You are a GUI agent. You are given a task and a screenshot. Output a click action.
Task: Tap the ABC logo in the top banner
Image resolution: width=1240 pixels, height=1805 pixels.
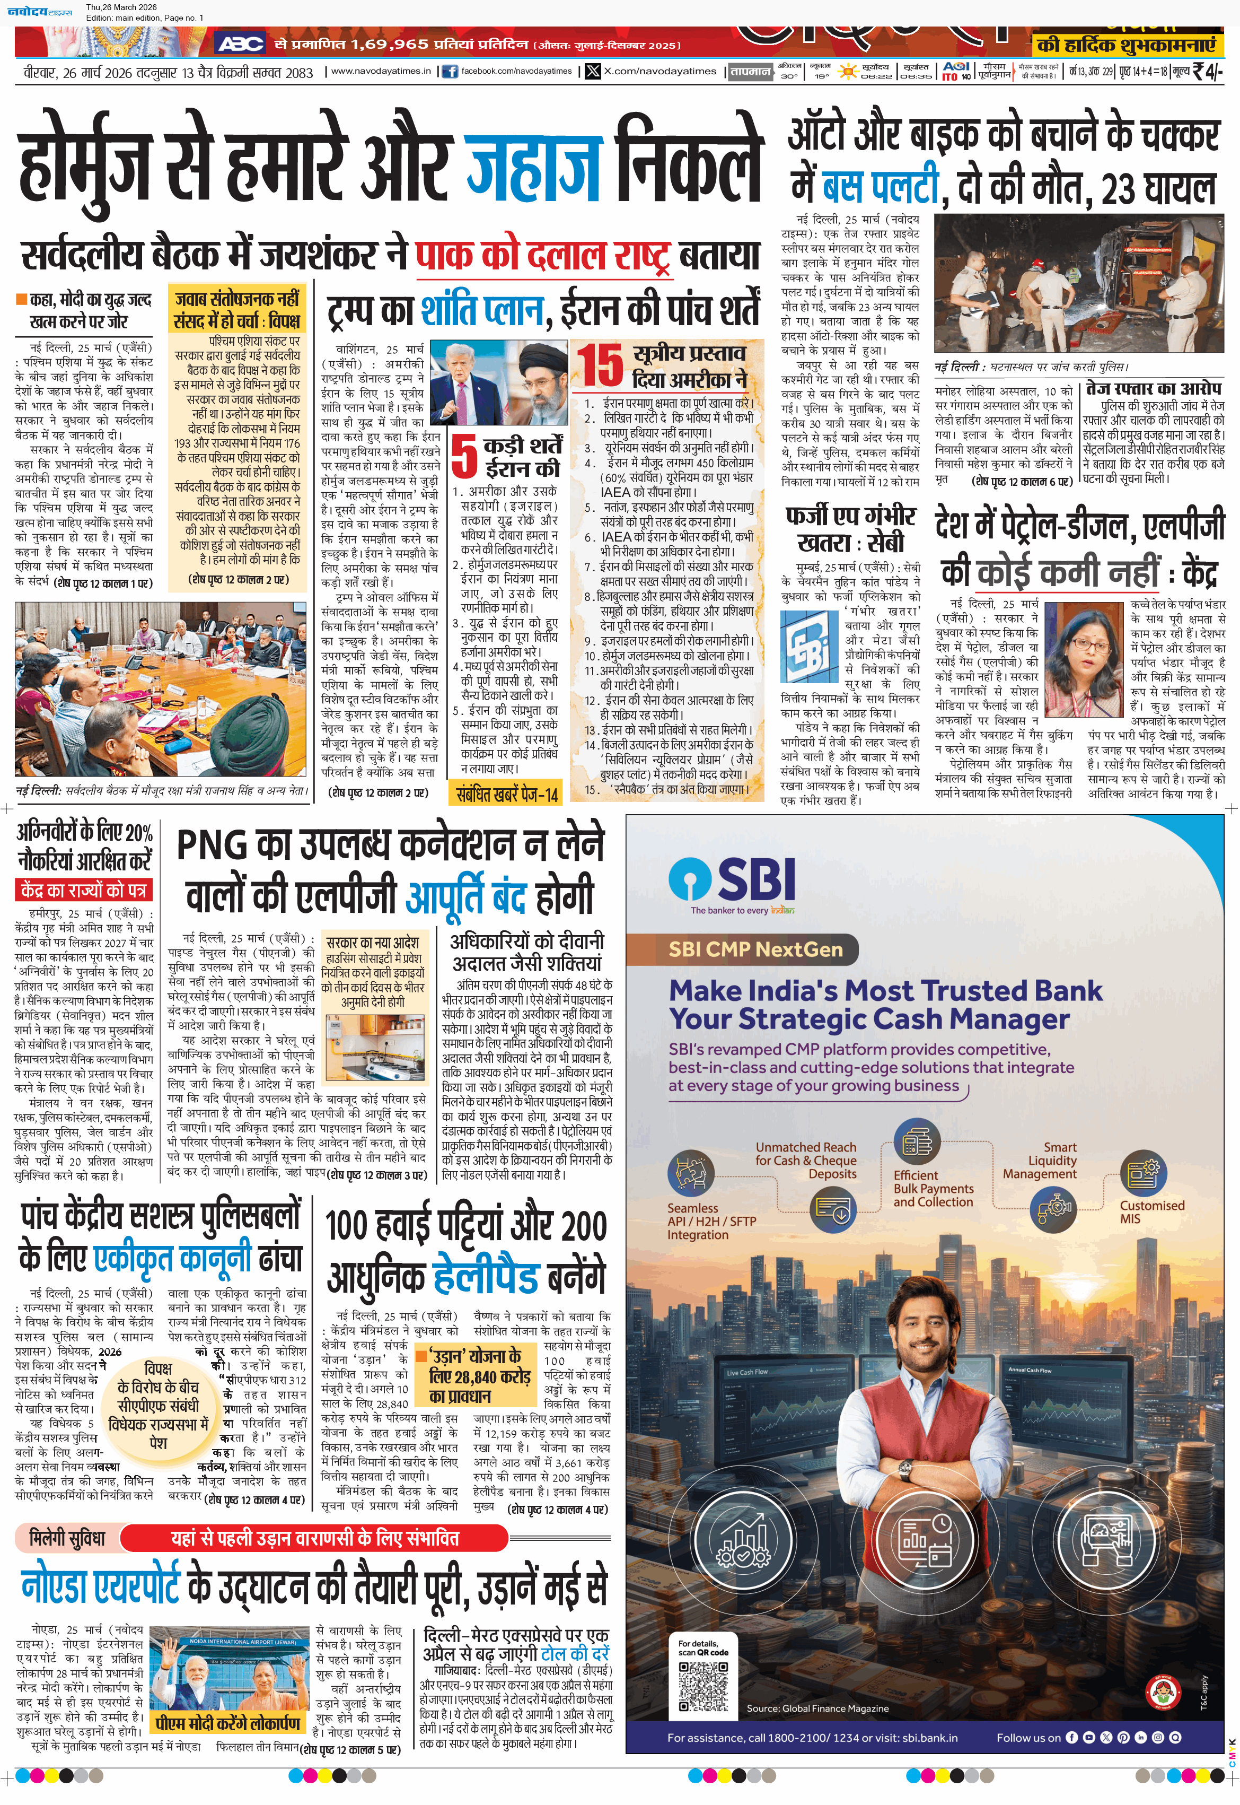point(240,43)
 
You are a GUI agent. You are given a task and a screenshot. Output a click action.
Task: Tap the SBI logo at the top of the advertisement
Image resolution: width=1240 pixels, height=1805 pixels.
point(733,879)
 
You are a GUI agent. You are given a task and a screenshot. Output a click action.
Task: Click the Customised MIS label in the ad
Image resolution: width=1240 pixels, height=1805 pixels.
point(1151,1211)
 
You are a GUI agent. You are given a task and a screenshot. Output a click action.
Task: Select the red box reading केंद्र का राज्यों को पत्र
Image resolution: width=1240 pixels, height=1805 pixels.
point(84,890)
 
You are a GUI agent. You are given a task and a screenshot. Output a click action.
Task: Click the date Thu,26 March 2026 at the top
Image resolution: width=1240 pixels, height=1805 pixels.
point(121,7)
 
